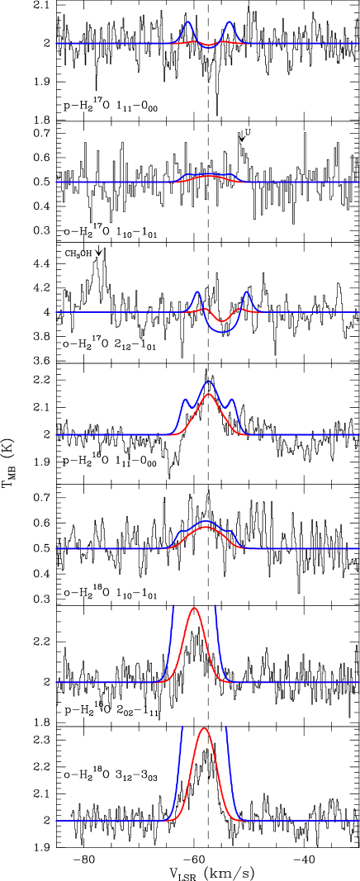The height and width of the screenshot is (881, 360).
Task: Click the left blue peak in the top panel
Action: [188, 22]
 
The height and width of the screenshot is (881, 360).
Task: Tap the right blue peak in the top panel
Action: [229, 22]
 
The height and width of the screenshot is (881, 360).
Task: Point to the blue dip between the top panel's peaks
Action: [209, 48]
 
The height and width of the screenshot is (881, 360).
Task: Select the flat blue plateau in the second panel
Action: [210, 174]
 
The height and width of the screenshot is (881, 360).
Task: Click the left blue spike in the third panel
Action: [197, 291]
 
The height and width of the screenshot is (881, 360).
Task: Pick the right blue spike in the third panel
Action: [246, 291]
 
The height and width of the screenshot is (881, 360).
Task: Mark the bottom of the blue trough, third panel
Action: [221, 332]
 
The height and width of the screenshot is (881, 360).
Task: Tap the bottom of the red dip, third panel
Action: [221, 321]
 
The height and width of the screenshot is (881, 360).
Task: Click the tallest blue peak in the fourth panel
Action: [209, 381]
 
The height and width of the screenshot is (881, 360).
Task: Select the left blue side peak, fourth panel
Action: [185, 400]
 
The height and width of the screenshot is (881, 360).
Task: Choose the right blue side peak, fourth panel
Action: [231, 400]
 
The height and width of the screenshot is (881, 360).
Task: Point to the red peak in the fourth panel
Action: [209, 394]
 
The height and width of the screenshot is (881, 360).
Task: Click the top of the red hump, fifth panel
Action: [206, 527]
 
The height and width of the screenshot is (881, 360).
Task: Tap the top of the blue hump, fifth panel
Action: [206, 521]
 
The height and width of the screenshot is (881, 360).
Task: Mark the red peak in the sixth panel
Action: [194, 609]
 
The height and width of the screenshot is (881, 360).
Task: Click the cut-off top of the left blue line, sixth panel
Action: [173, 606]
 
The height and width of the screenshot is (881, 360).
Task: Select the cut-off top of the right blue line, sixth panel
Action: [215, 606]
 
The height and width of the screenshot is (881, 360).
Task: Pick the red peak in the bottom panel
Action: [204, 728]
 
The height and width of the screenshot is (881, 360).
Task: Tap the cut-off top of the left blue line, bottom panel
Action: [182, 727]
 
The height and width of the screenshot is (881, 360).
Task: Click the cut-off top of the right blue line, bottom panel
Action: [226, 727]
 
